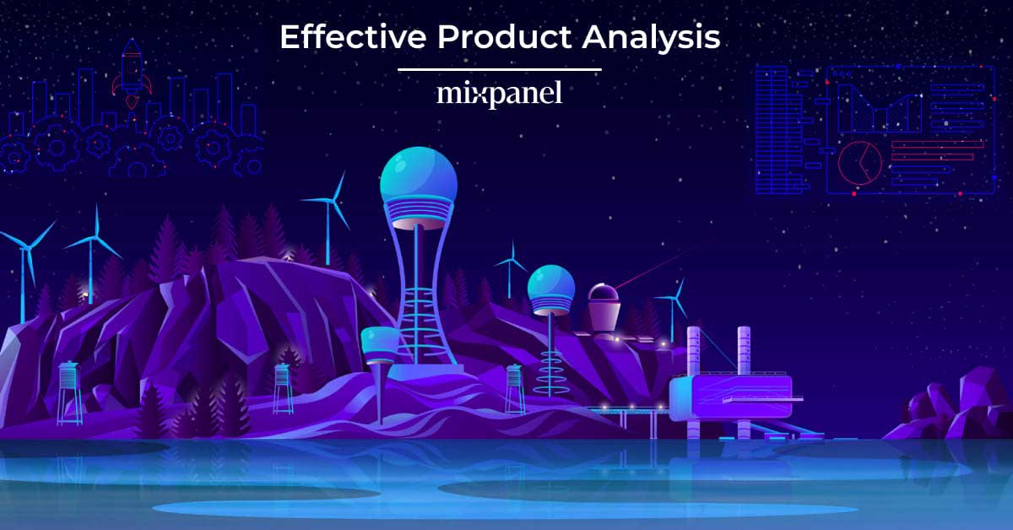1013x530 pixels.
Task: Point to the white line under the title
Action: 499,70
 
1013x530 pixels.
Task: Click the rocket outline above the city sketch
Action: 132,63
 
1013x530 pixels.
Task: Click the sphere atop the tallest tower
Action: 419,178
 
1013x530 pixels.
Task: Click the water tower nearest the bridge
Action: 515,387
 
